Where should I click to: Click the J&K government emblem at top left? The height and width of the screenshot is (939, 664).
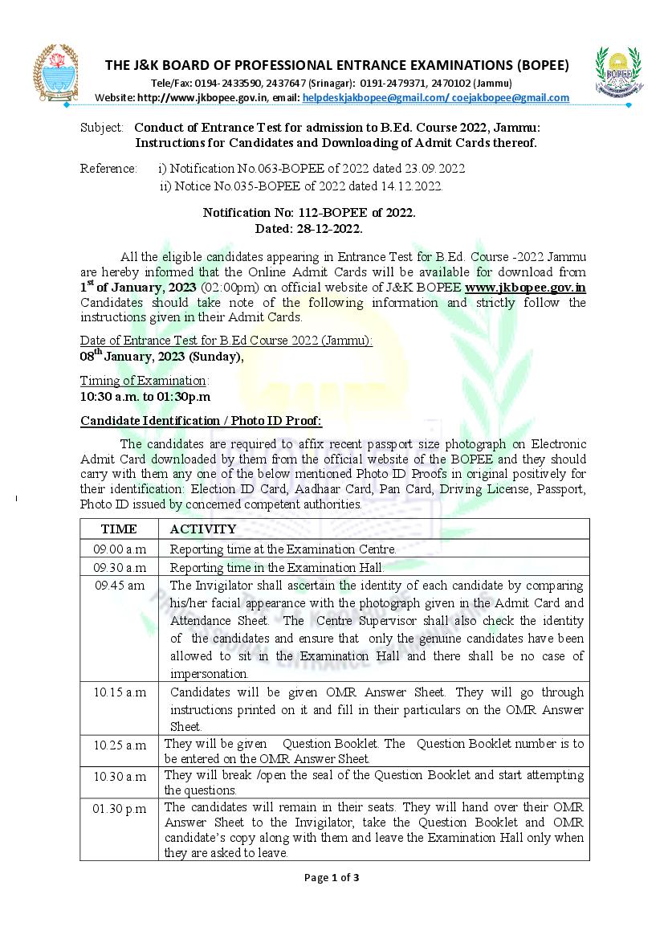pos(55,71)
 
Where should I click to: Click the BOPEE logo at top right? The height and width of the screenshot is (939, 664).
pos(617,73)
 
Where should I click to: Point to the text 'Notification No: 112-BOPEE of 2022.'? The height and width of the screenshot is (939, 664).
pos(308,213)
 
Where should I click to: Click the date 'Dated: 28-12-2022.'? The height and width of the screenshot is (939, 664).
pos(308,228)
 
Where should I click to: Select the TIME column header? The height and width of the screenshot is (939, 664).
pos(119,529)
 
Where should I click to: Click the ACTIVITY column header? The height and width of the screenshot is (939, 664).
pos(203,529)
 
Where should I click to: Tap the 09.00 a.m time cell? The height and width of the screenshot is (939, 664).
pos(120,549)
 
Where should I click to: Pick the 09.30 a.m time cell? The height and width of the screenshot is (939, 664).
pos(120,568)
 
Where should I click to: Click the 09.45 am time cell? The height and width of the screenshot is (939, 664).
pos(120,586)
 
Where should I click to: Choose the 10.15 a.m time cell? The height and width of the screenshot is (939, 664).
pos(120,692)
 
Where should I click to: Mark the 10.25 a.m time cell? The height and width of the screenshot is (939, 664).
pos(120,745)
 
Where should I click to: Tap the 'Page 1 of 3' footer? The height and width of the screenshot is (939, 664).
pos(332,877)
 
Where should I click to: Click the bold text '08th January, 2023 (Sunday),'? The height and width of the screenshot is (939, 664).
pos(161,357)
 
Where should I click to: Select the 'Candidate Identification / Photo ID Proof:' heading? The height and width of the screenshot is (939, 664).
pos(201,421)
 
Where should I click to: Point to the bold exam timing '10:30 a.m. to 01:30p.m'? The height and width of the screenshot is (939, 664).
pos(145,397)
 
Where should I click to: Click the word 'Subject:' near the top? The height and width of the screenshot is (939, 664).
pos(102,128)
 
